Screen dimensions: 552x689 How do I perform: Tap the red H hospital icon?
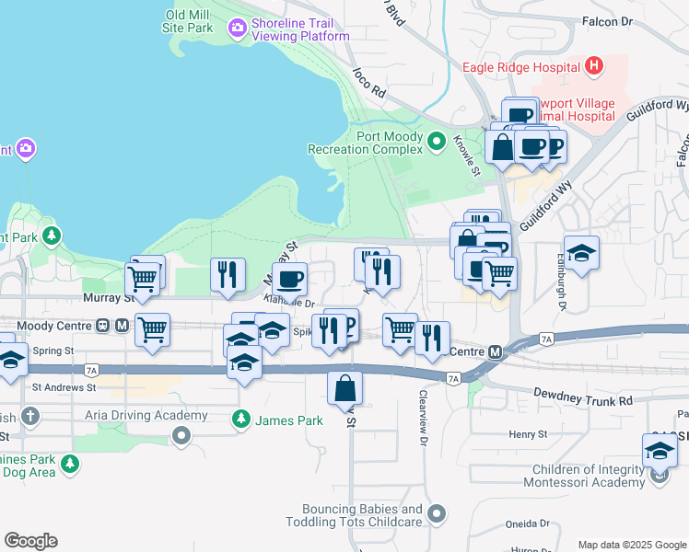(594, 65)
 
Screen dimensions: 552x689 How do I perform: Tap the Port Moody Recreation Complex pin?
(438, 141)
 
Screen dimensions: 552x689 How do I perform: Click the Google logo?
(30, 541)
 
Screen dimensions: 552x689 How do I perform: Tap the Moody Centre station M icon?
(121, 326)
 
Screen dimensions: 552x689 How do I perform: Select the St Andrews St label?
(64, 388)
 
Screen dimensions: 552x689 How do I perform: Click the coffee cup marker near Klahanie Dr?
(290, 277)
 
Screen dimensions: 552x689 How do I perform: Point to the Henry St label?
(529, 433)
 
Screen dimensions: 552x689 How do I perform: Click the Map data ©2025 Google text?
(632, 545)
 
